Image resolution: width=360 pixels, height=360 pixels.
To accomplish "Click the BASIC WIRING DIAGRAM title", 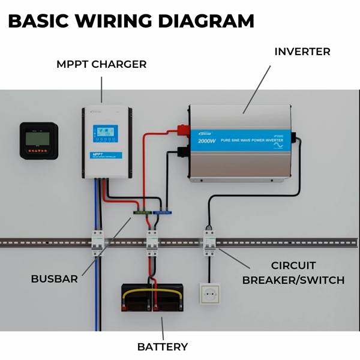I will pos(131,21).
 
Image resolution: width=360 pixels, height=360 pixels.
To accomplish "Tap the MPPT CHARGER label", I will pos(101,64).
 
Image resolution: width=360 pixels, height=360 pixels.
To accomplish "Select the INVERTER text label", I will pos(302,52).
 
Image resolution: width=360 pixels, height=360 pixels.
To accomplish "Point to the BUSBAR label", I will pos(55,279).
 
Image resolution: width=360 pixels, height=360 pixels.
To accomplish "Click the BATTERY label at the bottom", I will pos(163,347).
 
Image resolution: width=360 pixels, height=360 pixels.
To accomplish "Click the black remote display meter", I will pos(39,140).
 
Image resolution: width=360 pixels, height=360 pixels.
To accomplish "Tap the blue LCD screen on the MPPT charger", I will pos(105,133).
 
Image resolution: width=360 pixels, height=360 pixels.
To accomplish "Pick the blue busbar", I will pos(163,211).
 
